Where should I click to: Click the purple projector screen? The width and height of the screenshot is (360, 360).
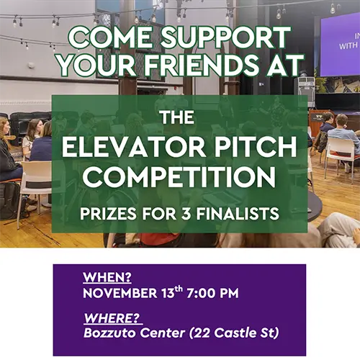pyautogui.click(x=339, y=43)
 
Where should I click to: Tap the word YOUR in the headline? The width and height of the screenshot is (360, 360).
pyautogui.click(x=96, y=66)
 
